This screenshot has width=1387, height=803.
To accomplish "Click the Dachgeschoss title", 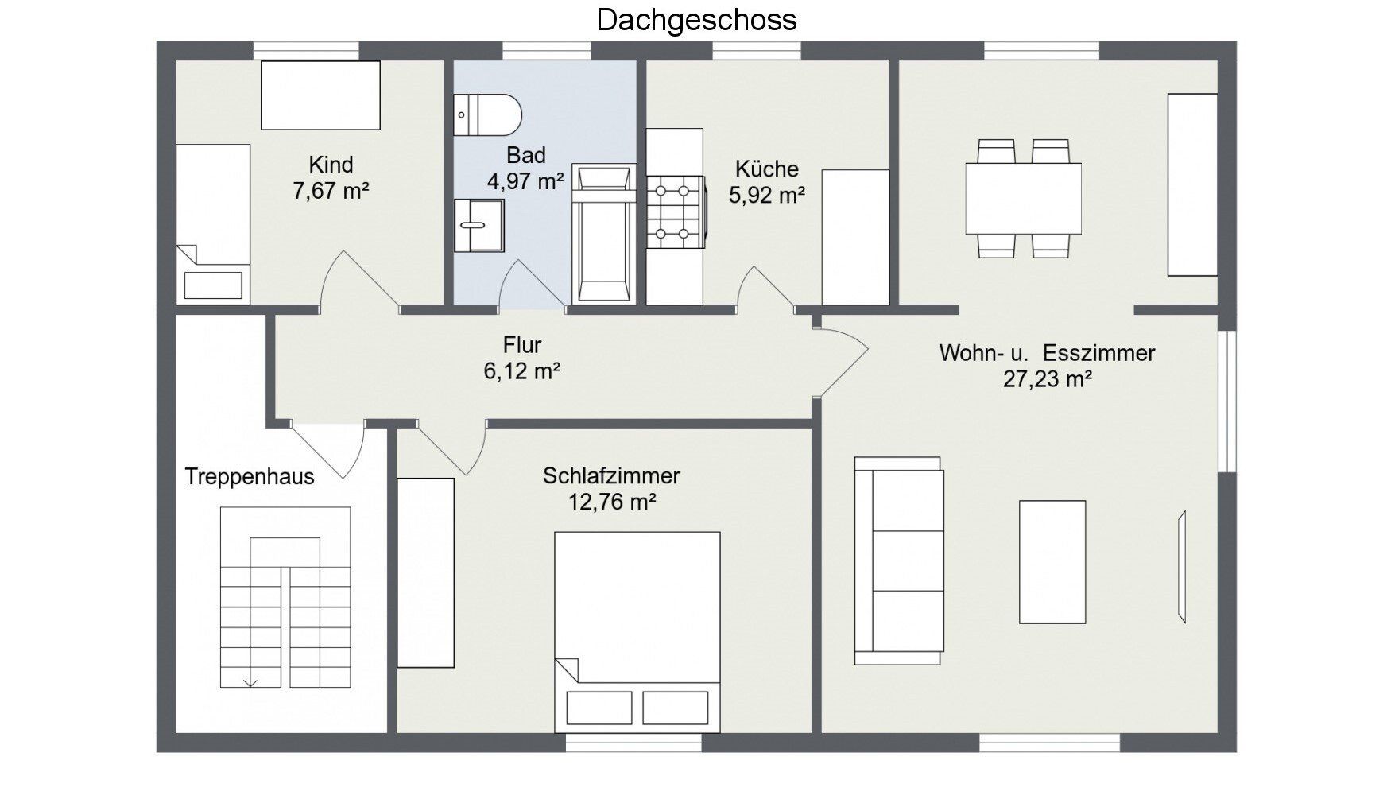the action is click(x=696, y=20).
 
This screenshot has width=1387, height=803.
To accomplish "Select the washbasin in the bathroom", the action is click(x=479, y=225).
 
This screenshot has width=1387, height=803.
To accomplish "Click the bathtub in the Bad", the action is click(x=604, y=234).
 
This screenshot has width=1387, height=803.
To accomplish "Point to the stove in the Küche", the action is click(x=675, y=211).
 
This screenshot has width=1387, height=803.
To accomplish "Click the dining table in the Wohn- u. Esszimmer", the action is click(x=1023, y=199).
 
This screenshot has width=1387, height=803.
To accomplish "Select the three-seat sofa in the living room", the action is click(x=899, y=561).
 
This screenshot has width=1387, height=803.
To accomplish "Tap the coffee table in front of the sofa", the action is click(x=1052, y=561).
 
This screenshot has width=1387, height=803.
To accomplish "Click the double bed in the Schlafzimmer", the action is click(x=637, y=632).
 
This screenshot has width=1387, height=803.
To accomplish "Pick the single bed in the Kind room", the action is click(x=213, y=224).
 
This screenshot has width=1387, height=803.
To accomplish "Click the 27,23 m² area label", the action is click(x=1047, y=378).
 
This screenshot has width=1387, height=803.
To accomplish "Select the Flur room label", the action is click(x=522, y=345).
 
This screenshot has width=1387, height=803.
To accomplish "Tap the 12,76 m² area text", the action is click(x=611, y=502).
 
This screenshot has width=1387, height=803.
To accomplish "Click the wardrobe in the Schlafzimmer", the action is click(x=425, y=572).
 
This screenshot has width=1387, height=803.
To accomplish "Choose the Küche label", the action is click(x=767, y=169).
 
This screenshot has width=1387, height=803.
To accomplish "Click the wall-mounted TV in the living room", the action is click(x=1182, y=566).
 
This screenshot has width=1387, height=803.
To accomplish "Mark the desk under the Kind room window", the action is click(x=320, y=95).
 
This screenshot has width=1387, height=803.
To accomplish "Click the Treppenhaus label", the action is click(x=250, y=477).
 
